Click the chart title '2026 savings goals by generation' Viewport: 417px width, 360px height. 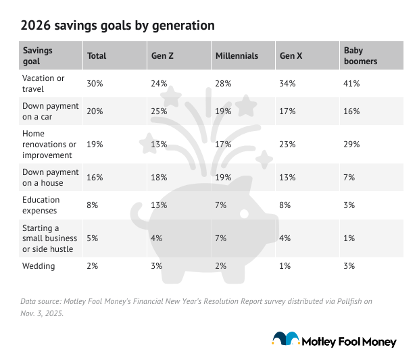(x=118, y=26)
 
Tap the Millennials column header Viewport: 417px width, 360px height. (x=237, y=56)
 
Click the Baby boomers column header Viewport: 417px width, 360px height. (x=360, y=55)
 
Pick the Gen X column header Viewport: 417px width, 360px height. (x=291, y=56)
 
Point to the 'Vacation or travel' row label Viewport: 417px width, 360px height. (x=44, y=84)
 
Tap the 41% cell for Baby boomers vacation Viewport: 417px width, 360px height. (x=351, y=84)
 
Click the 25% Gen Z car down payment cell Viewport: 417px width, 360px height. (x=157, y=111)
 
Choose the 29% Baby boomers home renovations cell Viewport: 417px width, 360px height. (x=351, y=144)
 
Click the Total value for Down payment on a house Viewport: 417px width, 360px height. (x=95, y=177)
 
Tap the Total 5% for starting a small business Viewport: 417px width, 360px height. (x=93, y=238)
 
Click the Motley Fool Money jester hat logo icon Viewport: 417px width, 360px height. (x=285, y=340)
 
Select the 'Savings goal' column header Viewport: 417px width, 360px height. (x=38, y=55)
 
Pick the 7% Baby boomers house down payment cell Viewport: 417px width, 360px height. (x=349, y=177)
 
